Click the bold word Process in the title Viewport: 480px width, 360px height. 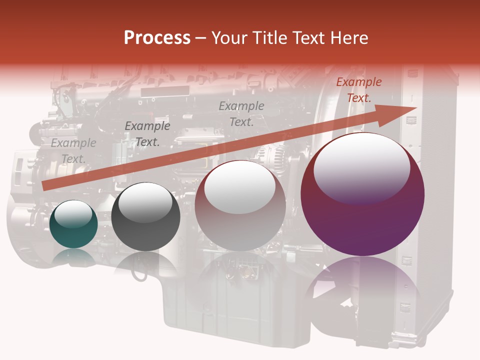[157, 37]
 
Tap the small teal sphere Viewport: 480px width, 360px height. [74, 224]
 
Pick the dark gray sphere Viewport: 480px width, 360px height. [145, 217]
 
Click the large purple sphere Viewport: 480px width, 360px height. [362, 195]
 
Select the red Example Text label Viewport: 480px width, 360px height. [358, 90]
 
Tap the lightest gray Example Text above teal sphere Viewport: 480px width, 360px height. [73, 151]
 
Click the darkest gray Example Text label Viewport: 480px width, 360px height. [147, 134]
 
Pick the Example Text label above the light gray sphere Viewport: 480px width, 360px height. [241, 113]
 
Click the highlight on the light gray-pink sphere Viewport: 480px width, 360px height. [239, 187]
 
